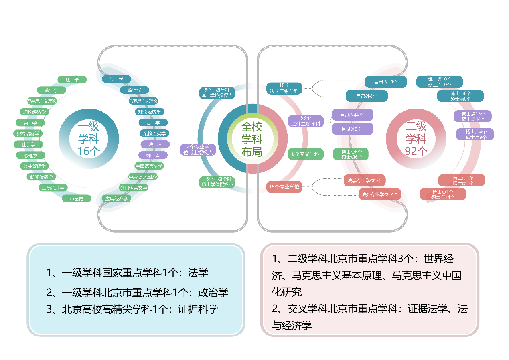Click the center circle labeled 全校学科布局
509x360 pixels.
pos(252,139)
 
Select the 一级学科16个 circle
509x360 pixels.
pos(89,139)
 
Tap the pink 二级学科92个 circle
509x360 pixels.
pos(416,139)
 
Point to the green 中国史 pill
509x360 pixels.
pos(76,198)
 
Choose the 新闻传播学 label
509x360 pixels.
pos(41,177)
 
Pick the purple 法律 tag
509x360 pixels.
pos(155,144)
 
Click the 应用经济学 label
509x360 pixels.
pos(116,198)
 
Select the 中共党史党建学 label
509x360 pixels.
pos(143,177)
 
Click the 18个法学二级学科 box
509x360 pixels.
pos(284,88)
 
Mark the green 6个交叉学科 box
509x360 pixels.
pos(306,154)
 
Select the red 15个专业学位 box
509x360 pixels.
pos(284,187)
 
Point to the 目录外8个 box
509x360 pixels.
pos(367,96)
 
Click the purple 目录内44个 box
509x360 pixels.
pos(352,115)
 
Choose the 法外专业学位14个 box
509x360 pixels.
pos(380,194)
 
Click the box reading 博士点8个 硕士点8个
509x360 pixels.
pos(460,96)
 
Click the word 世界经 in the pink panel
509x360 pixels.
pos(439,259)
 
